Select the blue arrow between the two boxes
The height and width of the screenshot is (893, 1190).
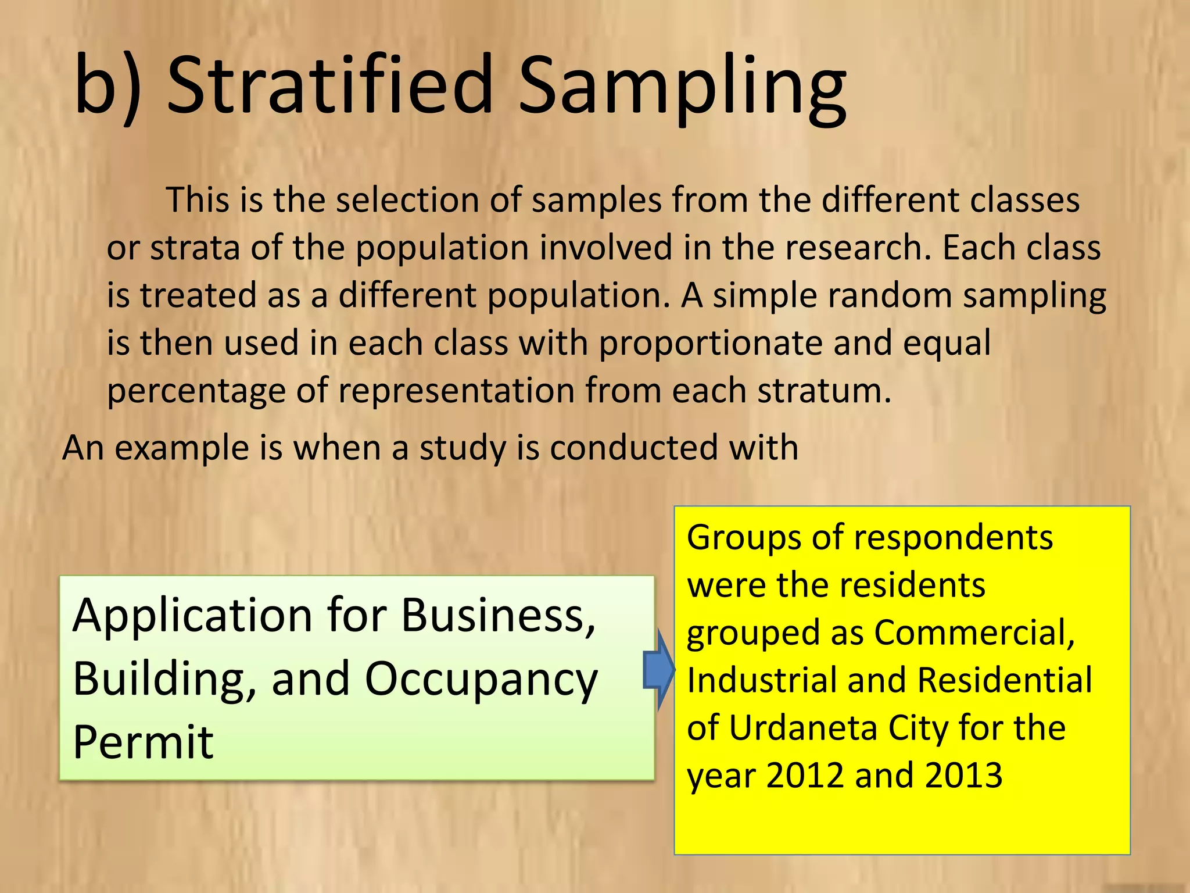(659, 670)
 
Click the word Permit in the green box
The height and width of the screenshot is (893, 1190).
(143, 742)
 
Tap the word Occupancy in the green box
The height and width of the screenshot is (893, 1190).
(481, 680)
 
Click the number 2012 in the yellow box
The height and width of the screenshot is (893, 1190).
(805, 776)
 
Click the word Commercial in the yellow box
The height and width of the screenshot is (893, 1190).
(974, 633)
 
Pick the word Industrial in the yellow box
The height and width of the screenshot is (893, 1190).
(761, 680)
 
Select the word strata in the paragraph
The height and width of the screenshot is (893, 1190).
(194, 248)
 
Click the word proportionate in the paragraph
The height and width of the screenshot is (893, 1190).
(710, 344)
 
